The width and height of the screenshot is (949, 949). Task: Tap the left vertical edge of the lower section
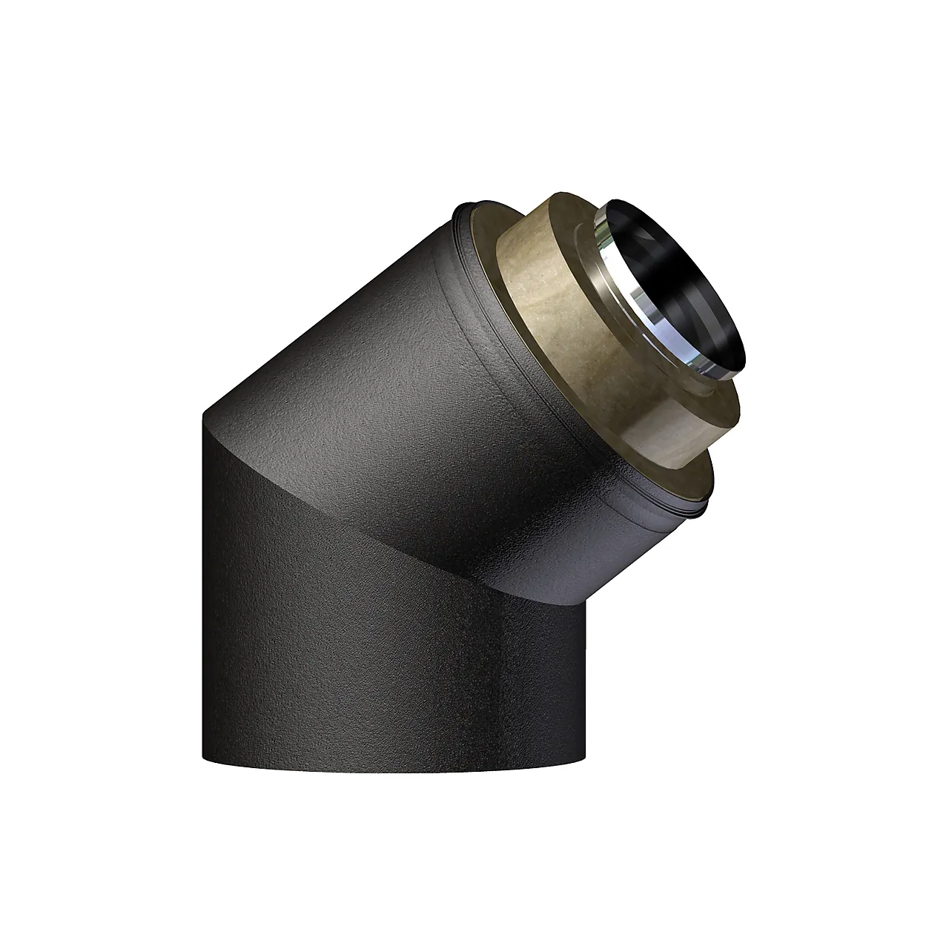click(204, 593)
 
